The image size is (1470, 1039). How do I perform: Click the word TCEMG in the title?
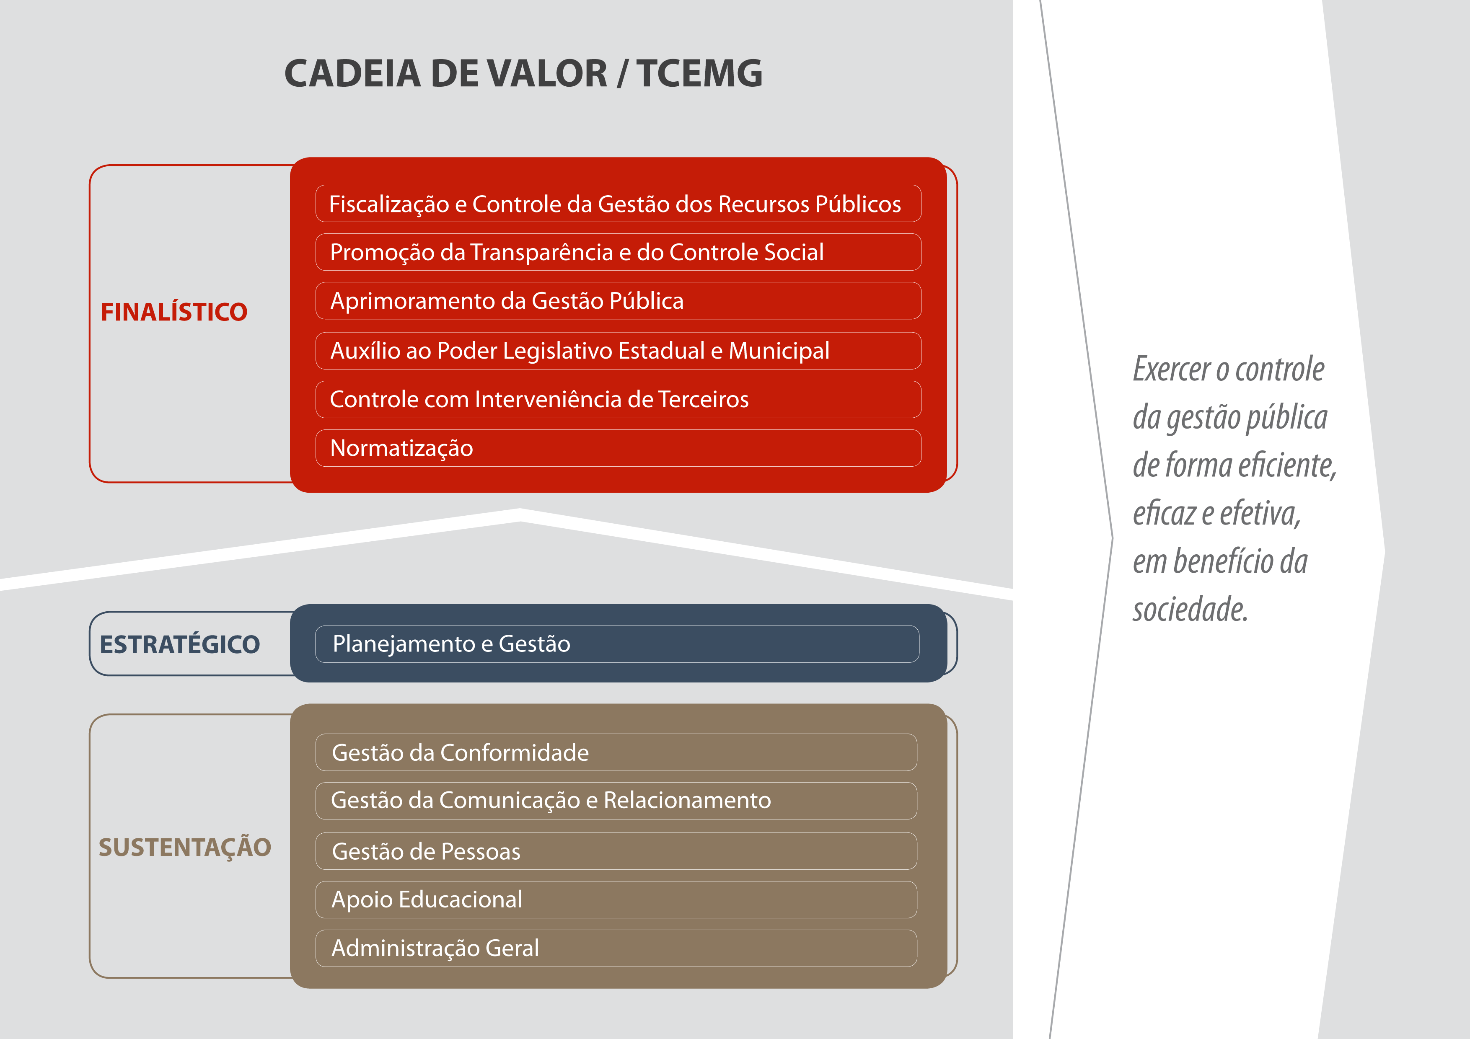click(699, 73)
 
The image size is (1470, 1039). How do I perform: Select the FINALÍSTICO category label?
click(173, 312)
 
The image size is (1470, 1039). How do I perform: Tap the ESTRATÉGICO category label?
click(180, 644)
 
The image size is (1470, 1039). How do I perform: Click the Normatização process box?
click(619, 448)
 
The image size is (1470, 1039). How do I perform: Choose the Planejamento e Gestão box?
click(617, 644)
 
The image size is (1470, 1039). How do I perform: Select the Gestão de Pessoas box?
click(616, 851)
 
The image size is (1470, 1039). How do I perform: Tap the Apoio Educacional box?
click(616, 899)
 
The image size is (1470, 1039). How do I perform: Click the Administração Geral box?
click(616, 948)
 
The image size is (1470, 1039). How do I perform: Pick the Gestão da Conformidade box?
click(616, 752)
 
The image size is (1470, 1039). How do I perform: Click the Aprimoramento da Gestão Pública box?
click(619, 301)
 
